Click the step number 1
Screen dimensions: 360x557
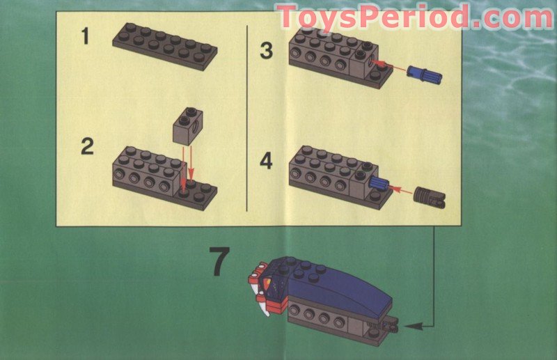pyautogui.click(x=85, y=36)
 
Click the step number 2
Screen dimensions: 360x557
pyautogui.click(x=86, y=147)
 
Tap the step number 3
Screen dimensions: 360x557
pyautogui.click(x=266, y=50)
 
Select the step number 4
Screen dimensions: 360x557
pyautogui.click(x=266, y=162)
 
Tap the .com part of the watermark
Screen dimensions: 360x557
pyautogui.click(x=508, y=17)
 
